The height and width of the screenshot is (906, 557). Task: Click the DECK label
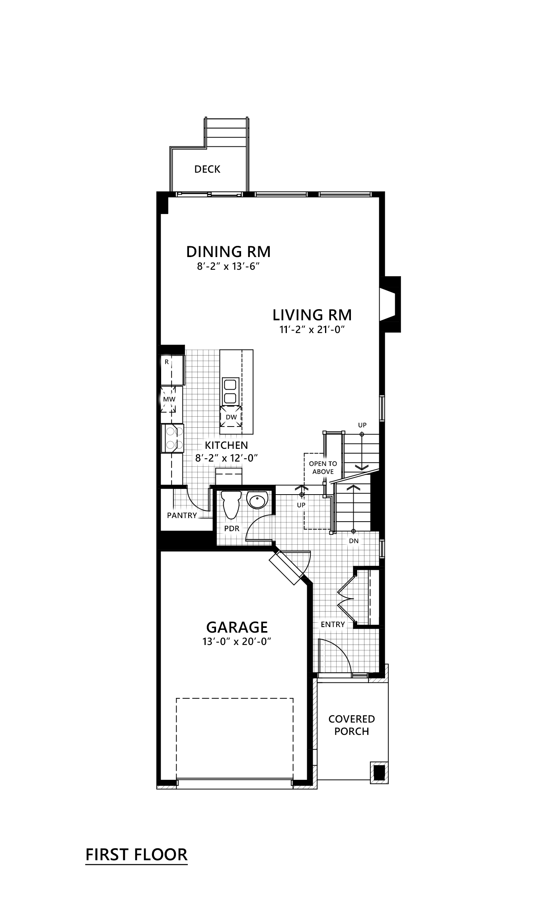(x=207, y=169)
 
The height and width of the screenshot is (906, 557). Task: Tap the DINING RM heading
(x=228, y=252)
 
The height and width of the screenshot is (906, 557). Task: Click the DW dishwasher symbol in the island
(x=231, y=417)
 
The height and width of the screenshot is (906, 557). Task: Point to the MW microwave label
(x=169, y=399)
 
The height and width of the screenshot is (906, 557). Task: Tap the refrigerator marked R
(x=171, y=370)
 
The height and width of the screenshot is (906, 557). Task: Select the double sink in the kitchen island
(x=230, y=391)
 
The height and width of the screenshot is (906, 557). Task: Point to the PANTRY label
(x=182, y=516)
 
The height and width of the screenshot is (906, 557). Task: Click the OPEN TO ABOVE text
(x=323, y=468)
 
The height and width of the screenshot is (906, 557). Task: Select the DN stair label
(x=353, y=541)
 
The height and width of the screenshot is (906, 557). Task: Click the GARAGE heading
(x=237, y=627)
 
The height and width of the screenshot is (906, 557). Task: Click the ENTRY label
(x=333, y=624)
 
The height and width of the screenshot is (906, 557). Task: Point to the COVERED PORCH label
(x=351, y=725)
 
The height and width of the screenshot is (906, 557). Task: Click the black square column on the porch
(x=379, y=772)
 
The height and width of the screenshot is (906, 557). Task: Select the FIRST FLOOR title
(x=136, y=854)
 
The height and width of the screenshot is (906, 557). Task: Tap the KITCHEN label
(x=226, y=445)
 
